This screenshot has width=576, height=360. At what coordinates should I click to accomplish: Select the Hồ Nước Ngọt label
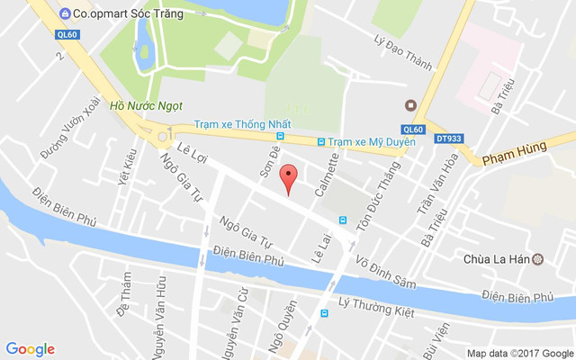click(x=139, y=105)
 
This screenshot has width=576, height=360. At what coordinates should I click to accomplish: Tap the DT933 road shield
click(x=447, y=138)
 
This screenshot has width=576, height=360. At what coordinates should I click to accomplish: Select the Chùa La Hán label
click(x=494, y=259)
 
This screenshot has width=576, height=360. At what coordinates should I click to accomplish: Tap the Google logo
click(x=30, y=349)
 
